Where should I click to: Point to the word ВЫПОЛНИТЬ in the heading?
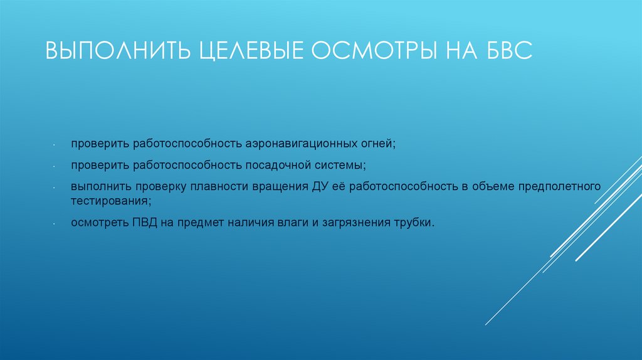(117, 51)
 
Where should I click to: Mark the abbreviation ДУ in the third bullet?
(317, 187)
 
